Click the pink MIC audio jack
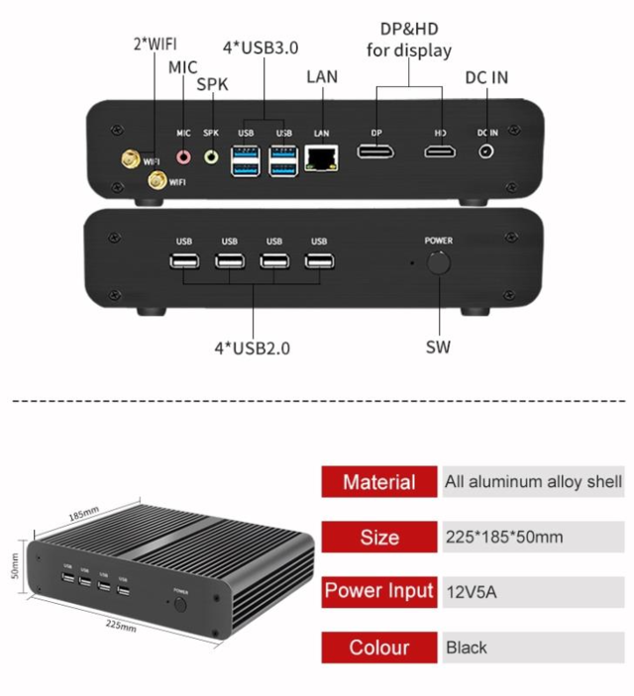pyautogui.click(x=183, y=156)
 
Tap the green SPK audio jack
pyautogui.click(x=211, y=156)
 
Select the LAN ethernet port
pyautogui.click(x=321, y=158)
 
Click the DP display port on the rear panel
pyautogui.click(x=375, y=151)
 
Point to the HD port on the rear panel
pyautogui.click(x=440, y=151)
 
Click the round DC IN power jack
pyautogui.click(x=486, y=151)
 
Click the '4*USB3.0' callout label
pyautogui.click(x=261, y=48)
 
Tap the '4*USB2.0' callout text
pyautogui.click(x=253, y=348)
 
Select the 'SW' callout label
pyautogui.click(x=438, y=348)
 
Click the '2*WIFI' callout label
pyautogui.click(x=156, y=44)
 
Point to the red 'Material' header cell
pyautogui.click(x=379, y=481)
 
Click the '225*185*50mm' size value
pyautogui.click(x=504, y=537)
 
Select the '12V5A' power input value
pyautogui.click(x=472, y=592)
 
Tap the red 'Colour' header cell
pyautogui.click(x=379, y=647)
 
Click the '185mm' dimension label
pyautogui.click(x=84, y=514)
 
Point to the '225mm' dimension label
pyautogui.click(x=121, y=626)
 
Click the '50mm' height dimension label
pyautogui.click(x=15, y=566)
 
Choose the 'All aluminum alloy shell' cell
pyautogui.click(x=533, y=481)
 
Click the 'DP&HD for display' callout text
pyautogui.click(x=409, y=40)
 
